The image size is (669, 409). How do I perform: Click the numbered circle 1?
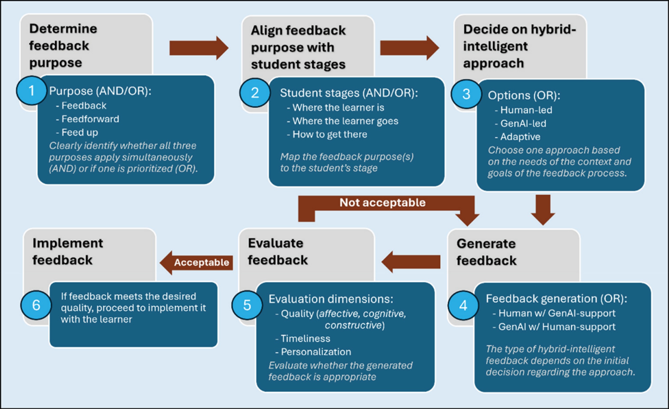click(x=31, y=91)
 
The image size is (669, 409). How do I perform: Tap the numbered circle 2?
click(x=255, y=93)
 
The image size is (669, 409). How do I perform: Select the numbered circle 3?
click(x=466, y=94)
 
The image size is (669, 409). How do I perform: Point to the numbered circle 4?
click(x=463, y=305)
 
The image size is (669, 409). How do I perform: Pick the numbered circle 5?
click(x=247, y=305)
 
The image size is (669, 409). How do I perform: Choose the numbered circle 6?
click(x=36, y=305)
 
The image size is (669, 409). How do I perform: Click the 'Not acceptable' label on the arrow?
click(x=382, y=203)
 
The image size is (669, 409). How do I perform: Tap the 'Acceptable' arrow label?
click(x=201, y=262)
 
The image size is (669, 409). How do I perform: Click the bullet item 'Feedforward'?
click(x=90, y=119)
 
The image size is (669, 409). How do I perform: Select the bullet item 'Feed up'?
click(x=79, y=132)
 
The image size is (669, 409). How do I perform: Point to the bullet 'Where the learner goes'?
click(x=345, y=121)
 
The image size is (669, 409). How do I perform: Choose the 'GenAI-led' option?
click(x=523, y=123)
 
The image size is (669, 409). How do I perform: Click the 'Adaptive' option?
click(x=520, y=137)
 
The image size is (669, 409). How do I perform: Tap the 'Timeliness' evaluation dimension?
click(x=305, y=339)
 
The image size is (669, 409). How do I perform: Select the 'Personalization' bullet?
click(x=316, y=352)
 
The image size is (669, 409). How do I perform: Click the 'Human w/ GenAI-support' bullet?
click(x=557, y=313)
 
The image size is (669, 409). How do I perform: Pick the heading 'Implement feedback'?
click(x=67, y=252)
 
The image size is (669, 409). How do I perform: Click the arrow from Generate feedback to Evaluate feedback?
click(x=411, y=262)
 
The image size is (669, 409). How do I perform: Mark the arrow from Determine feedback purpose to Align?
click(x=199, y=48)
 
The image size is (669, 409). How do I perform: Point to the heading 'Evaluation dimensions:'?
click(x=331, y=299)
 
